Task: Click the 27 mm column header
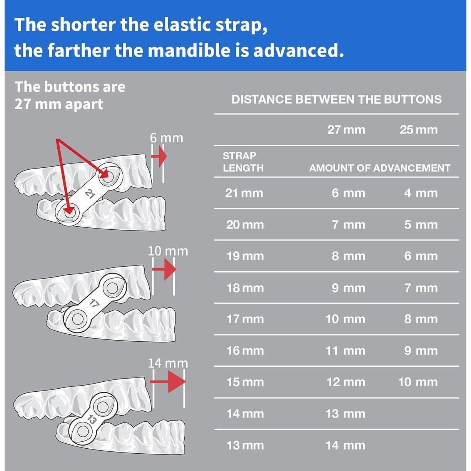point(346,130)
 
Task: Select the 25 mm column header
point(418,130)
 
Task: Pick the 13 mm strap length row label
point(245,445)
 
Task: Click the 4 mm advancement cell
point(421,193)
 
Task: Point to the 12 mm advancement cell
point(346,382)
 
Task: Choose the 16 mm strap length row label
point(245,351)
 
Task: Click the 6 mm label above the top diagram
point(166,138)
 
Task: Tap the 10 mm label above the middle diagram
point(168,251)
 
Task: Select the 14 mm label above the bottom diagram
point(168,363)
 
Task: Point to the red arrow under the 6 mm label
point(159,156)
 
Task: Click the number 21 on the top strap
point(90,194)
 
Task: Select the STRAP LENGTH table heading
point(243,162)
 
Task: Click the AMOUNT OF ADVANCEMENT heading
point(379,168)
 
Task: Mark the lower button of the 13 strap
point(81,428)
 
